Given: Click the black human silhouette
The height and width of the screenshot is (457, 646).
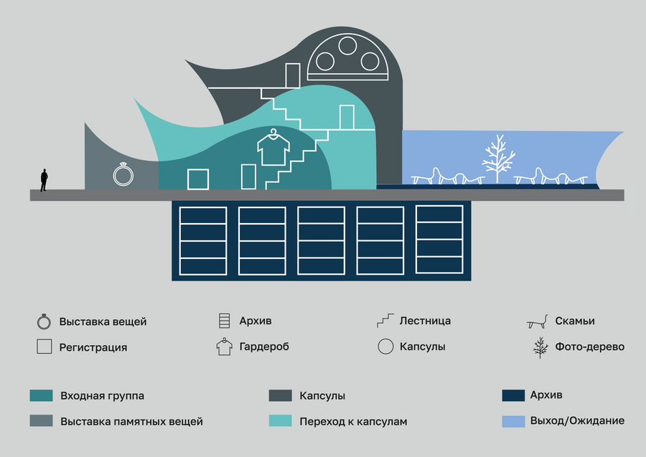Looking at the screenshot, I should (x=44, y=180).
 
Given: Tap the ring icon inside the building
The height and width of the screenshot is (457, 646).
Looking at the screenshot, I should (x=123, y=174).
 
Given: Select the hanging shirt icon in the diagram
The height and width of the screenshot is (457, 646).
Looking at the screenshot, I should (x=273, y=149).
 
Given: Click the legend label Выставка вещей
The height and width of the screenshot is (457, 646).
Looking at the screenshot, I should (x=103, y=321).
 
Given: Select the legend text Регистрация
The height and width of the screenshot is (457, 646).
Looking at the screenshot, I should (x=93, y=347).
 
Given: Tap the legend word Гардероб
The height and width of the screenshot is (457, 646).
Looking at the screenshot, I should (x=265, y=347).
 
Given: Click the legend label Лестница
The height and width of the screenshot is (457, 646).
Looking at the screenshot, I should (x=425, y=321).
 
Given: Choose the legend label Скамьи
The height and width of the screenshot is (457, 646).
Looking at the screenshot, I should (x=574, y=321).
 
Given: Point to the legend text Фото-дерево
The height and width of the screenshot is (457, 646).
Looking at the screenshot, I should (x=589, y=347).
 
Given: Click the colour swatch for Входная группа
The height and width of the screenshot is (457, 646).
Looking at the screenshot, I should (x=41, y=395).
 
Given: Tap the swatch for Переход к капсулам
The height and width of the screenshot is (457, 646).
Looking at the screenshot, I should (x=280, y=421).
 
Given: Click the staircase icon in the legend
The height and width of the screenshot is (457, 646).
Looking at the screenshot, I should (x=386, y=321).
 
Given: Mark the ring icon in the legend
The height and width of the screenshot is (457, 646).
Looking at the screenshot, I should (x=44, y=321).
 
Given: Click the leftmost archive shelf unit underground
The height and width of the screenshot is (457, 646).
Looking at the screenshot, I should (x=203, y=240).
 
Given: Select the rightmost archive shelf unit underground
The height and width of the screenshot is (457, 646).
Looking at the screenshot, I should (x=439, y=240).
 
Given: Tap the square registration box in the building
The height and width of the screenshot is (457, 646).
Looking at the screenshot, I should (x=198, y=179).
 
